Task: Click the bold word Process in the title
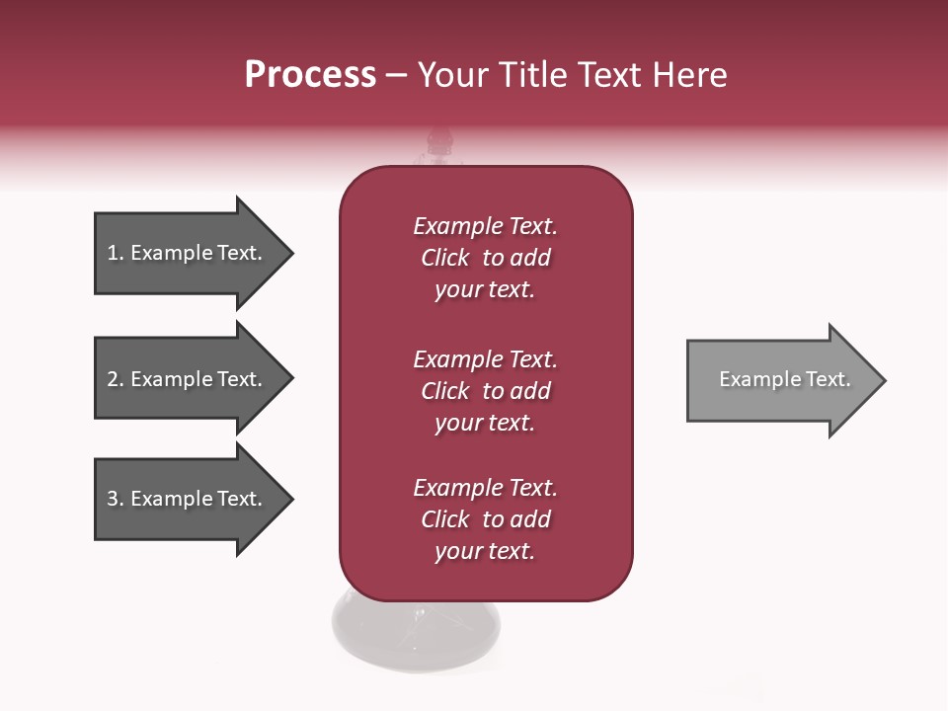pos(310,75)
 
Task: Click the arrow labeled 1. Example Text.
pos(188,253)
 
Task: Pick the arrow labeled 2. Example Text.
pos(188,379)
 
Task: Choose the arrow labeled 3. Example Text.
pos(188,499)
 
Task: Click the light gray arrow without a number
pos(780,380)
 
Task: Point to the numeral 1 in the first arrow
pos(113,253)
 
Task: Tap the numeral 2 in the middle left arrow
pos(113,379)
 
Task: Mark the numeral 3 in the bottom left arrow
pos(113,499)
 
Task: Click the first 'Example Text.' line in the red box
pos(485,226)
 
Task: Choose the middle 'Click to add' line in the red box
pos(485,391)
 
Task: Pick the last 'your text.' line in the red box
pos(485,551)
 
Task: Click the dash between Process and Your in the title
pos(397,75)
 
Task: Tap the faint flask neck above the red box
pos(438,148)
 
